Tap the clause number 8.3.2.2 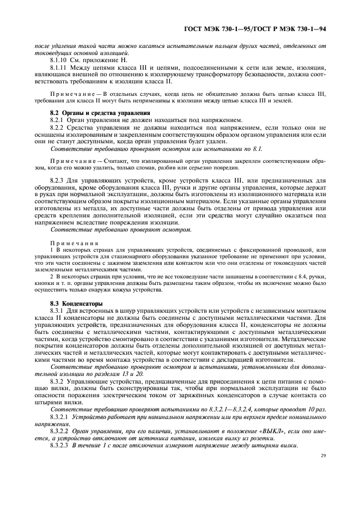click(x=61, y=430)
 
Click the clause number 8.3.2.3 click(x=61, y=444)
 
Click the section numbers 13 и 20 click(x=116, y=374)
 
